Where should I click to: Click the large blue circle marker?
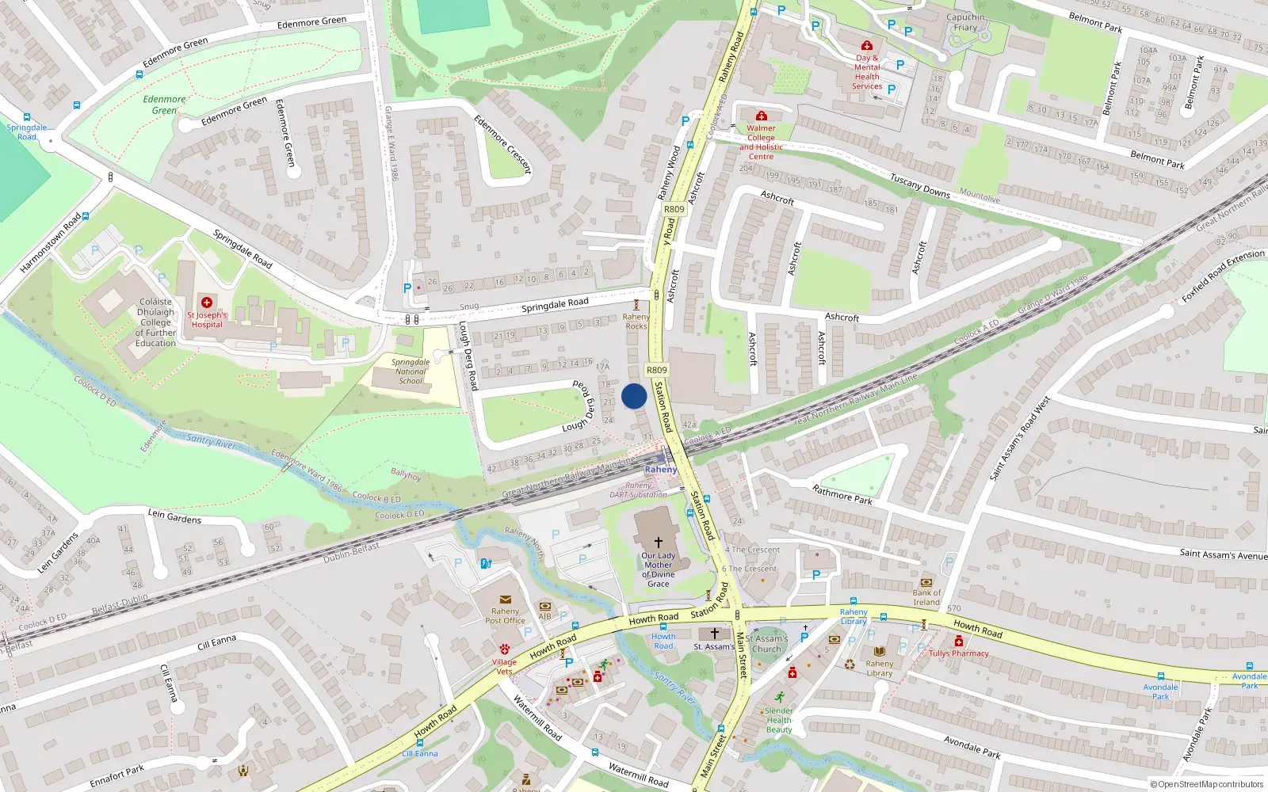tap(634, 396)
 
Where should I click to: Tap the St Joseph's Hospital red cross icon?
tap(207, 303)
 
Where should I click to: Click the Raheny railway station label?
tap(661, 470)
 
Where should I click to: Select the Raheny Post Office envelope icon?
tap(505, 600)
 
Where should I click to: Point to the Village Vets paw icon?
tap(504, 649)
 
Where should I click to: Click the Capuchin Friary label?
tap(965, 22)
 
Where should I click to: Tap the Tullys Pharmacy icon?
tap(958, 642)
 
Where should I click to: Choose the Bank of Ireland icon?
tap(926, 582)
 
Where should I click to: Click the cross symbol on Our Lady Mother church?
tap(658, 543)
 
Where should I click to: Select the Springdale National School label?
tap(411, 371)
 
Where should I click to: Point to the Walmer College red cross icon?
tap(761, 116)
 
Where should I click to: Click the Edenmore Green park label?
tap(164, 105)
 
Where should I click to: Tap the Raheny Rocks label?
tap(636, 322)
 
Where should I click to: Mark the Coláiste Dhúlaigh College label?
tap(155, 322)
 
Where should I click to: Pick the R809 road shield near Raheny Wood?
tap(674, 209)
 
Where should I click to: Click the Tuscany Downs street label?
tap(919, 185)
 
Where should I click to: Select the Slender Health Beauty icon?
tap(779, 698)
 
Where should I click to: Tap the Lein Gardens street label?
tap(174, 517)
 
